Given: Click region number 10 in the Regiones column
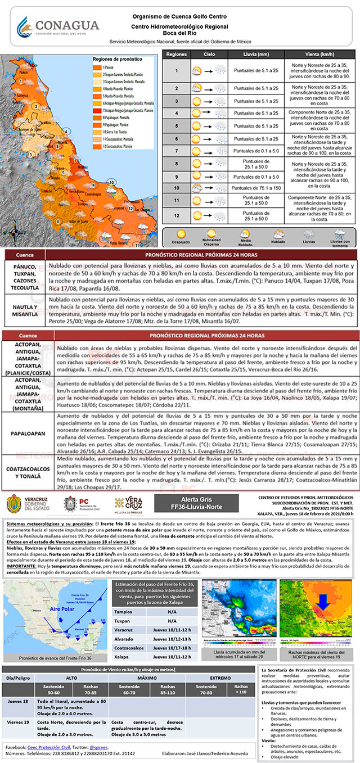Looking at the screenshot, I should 176,187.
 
